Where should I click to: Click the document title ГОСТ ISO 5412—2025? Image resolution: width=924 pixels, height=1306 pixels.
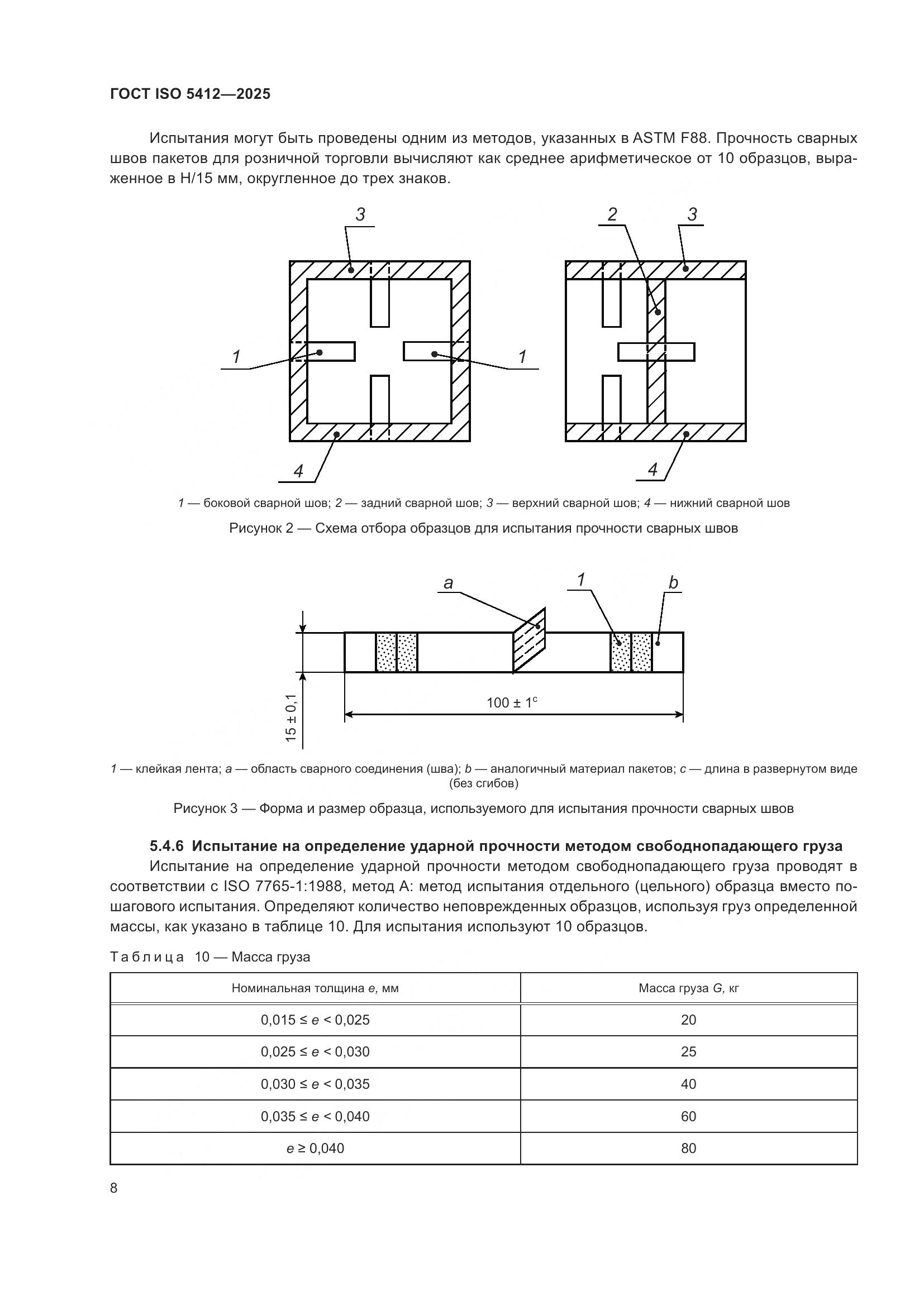(190, 94)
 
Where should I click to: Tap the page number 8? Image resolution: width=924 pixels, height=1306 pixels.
(114, 1189)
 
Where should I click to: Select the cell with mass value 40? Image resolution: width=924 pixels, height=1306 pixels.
(688, 1085)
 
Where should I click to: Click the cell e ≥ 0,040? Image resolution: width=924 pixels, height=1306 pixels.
(315, 1149)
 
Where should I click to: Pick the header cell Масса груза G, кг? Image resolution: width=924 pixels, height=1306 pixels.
(688, 989)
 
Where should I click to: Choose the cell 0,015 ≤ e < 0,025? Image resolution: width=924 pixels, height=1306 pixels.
(315, 1021)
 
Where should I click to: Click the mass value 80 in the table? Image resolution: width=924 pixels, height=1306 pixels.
(688, 1149)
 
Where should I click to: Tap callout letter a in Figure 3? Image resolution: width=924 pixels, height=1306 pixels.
(448, 583)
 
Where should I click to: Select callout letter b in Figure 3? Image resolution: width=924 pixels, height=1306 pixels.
(673, 583)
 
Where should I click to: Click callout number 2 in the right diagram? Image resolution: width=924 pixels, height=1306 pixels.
(612, 215)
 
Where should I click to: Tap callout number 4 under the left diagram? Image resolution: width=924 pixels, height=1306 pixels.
(298, 471)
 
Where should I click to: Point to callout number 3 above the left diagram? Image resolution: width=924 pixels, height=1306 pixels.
(360, 215)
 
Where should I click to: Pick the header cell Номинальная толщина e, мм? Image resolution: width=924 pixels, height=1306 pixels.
(315, 989)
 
